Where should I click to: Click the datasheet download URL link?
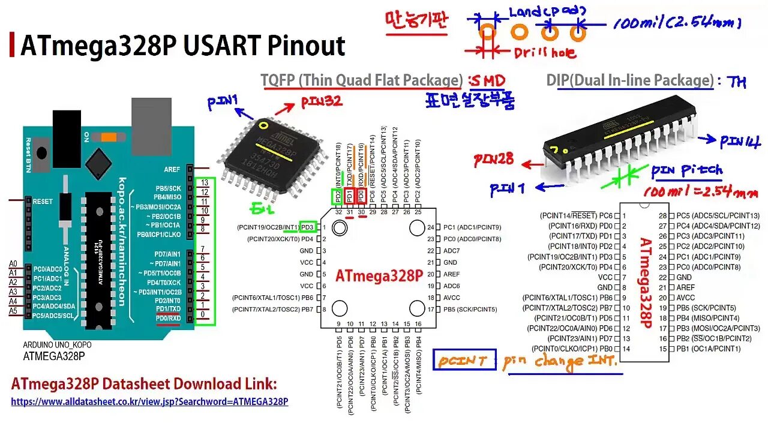click(x=149, y=401)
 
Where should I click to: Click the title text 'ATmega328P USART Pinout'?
click(x=183, y=46)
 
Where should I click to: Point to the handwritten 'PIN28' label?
click(x=494, y=160)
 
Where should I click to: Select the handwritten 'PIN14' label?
click(x=740, y=142)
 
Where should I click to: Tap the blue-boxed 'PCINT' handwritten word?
click(x=463, y=361)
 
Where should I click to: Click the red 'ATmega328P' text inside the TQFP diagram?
click(x=379, y=275)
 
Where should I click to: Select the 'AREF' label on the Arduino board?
click(x=172, y=170)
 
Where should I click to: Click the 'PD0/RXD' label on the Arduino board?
click(x=167, y=317)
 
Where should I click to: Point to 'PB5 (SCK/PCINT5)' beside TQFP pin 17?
click(x=470, y=309)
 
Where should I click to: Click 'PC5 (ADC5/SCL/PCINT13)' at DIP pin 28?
click(x=718, y=215)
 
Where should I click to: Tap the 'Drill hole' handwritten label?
click(x=545, y=53)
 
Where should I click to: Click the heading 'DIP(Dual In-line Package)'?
click(x=629, y=80)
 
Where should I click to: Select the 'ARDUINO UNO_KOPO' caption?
click(x=58, y=345)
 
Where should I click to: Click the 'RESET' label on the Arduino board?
click(x=43, y=202)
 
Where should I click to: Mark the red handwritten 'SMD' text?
click(x=488, y=80)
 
